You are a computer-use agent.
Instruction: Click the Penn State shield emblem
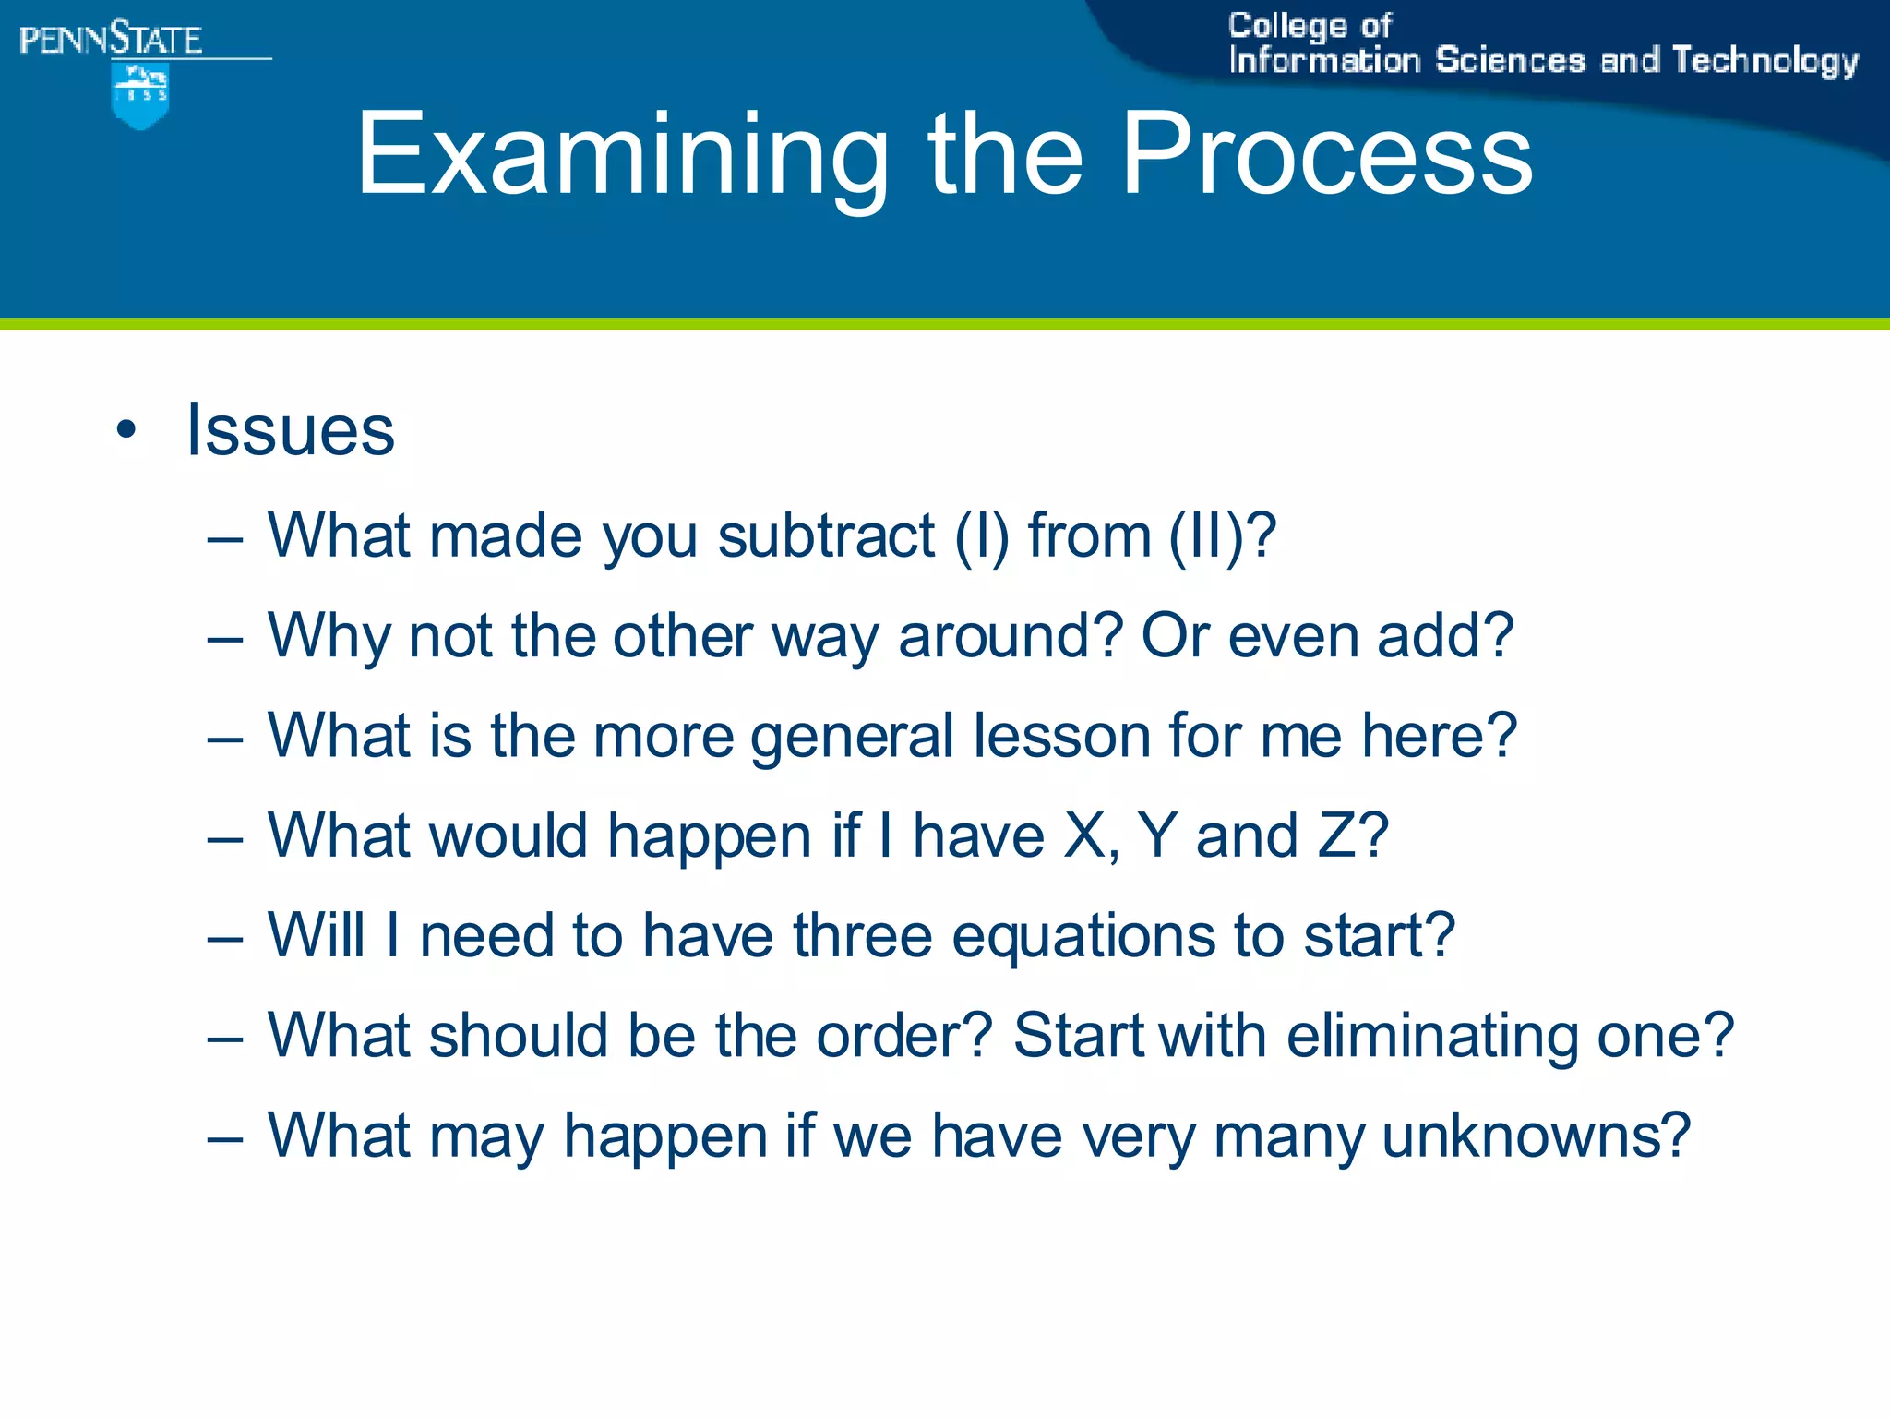tap(140, 96)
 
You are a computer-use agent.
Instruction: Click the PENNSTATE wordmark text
tap(111, 40)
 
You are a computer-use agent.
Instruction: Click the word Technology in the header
tap(1764, 61)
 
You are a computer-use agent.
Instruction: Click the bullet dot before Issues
tap(126, 429)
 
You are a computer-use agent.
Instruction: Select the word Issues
tap(291, 430)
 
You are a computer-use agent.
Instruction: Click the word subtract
tap(826, 535)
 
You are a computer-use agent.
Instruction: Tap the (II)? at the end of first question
tap(1222, 535)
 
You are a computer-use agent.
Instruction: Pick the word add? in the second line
tap(1445, 636)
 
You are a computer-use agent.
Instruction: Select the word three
tap(862, 935)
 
